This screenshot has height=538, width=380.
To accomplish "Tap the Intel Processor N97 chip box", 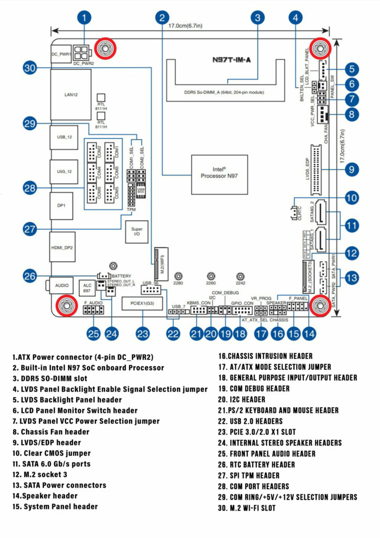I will click(219, 174).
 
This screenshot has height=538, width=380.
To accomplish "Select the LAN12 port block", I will click(70, 95).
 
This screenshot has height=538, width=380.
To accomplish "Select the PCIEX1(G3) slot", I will click(143, 304).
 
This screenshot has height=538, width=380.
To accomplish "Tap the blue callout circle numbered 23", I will click(143, 333).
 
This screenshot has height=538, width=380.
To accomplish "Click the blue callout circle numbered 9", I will click(352, 169).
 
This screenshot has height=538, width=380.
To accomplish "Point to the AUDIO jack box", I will click(62, 285).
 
